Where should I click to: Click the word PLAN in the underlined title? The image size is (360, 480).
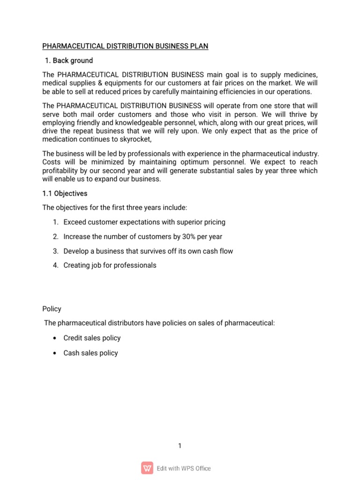[x=199, y=46]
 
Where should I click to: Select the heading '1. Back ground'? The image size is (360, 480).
[x=68, y=60]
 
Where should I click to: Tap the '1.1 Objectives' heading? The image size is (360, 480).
[x=65, y=193]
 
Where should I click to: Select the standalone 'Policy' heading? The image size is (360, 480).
[x=52, y=309]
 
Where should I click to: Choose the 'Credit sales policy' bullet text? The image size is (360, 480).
[x=92, y=338]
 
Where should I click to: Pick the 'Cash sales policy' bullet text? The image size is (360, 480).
[x=90, y=353]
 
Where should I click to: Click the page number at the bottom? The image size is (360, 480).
[x=180, y=446]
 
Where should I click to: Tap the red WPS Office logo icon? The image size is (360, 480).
[x=147, y=468]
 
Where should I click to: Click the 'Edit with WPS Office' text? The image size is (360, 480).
[x=184, y=468]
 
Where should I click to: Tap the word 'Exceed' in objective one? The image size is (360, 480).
[x=75, y=222]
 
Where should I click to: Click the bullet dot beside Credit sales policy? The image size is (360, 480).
[x=55, y=338]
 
